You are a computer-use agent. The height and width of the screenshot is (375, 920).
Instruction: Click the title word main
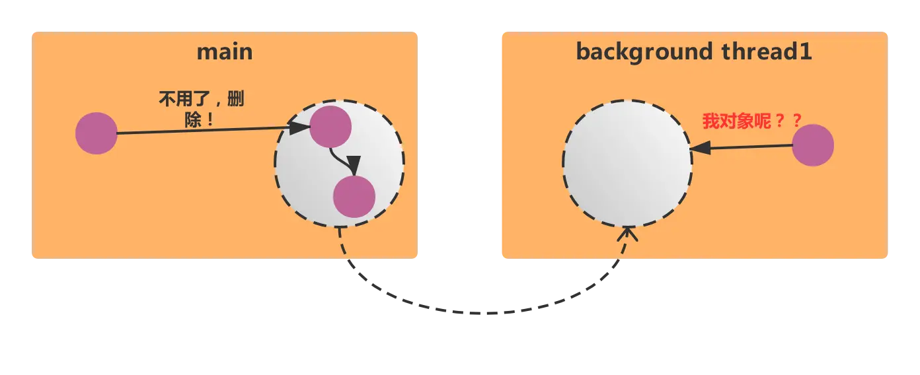(x=225, y=51)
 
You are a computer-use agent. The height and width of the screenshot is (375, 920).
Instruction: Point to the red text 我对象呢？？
(x=752, y=121)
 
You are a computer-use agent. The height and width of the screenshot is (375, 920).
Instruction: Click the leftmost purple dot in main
(x=96, y=133)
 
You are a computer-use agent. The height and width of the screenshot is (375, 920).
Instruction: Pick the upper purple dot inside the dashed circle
(x=330, y=126)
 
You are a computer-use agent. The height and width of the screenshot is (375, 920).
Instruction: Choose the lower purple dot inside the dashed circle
(x=354, y=197)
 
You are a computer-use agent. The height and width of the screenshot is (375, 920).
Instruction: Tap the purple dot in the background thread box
(x=813, y=145)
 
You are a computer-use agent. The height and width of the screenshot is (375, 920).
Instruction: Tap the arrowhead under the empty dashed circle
(x=627, y=234)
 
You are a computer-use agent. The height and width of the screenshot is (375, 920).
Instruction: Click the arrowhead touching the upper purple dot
(x=301, y=127)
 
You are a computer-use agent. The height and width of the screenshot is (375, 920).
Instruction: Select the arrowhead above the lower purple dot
(x=354, y=166)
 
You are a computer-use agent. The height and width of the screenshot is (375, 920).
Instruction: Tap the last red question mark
(x=796, y=121)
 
